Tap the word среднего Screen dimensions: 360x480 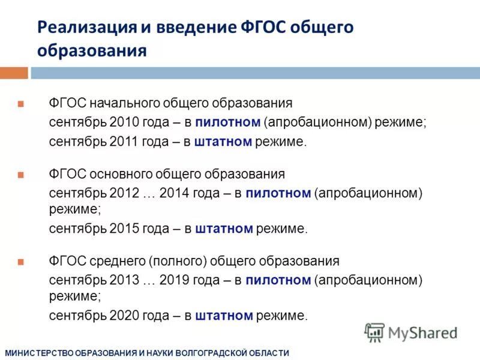pos(115,261)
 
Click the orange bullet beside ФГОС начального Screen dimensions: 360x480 pos(20,103)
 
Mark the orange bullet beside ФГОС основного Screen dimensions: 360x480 pos(20,175)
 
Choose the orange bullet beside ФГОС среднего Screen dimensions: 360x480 pos(20,262)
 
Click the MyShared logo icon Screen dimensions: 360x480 pos(374,332)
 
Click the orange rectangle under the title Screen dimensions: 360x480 pos(14,73)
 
